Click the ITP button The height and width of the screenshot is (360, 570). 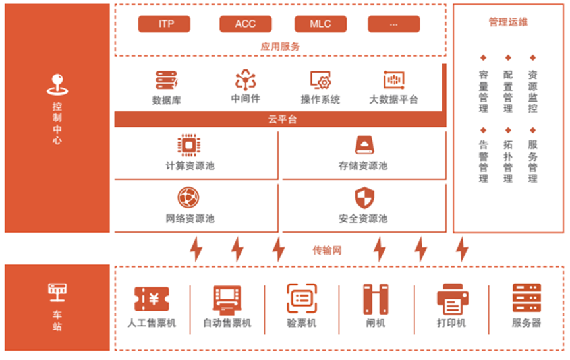[165, 24]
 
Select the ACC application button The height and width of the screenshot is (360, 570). [245, 24]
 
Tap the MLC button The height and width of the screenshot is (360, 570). [320, 24]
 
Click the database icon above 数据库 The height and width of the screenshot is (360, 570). [167, 80]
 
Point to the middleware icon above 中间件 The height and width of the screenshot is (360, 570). [246, 80]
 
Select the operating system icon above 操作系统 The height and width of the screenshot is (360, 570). [320, 80]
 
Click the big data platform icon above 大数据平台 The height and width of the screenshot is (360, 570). [393, 80]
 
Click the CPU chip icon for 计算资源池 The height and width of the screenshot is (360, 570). [189, 145]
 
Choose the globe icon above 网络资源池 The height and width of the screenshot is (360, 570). [189, 198]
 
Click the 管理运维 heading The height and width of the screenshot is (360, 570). [507, 22]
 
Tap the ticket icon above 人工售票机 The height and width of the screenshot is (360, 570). [152, 299]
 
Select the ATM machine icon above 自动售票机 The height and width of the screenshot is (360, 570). [226, 299]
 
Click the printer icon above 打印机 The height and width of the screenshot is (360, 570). [451, 299]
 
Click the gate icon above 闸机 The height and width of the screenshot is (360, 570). [376, 299]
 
